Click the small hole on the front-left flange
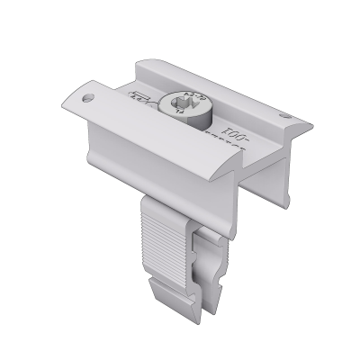click(x=87, y=93)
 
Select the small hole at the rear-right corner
click(x=285, y=116)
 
